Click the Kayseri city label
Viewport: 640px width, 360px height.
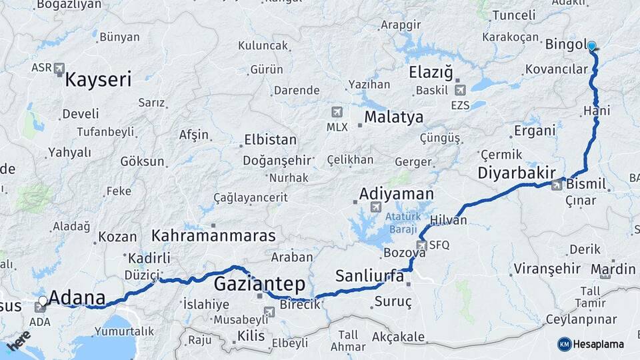pyautogui.click(x=98, y=81)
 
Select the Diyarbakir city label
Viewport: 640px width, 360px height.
pyautogui.click(x=517, y=173)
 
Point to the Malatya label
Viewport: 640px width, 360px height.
pyautogui.click(x=393, y=118)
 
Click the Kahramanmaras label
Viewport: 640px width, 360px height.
pyautogui.click(x=213, y=236)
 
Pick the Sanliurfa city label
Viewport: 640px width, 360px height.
pyautogui.click(x=370, y=275)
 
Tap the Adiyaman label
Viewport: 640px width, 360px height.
pyautogui.click(x=396, y=194)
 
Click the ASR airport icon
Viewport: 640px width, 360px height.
pyautogui.click(x=60, y=68)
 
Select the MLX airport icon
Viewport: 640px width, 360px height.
pyautogui.click(x=337, y=112)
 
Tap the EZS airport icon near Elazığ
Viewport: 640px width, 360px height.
pyautogui.click(x=460, y=90)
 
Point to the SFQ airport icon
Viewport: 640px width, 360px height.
pyautogui.click(x=421, y=245)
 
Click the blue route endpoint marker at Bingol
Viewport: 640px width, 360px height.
pyautogui.click(x=591, y=46)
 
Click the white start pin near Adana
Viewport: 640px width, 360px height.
pyautogui.click(x=43, y=301)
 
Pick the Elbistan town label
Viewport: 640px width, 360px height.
pyautogui.click(x=270, y=141)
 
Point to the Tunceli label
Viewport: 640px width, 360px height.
pyautogui.click(x=513, y=15)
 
